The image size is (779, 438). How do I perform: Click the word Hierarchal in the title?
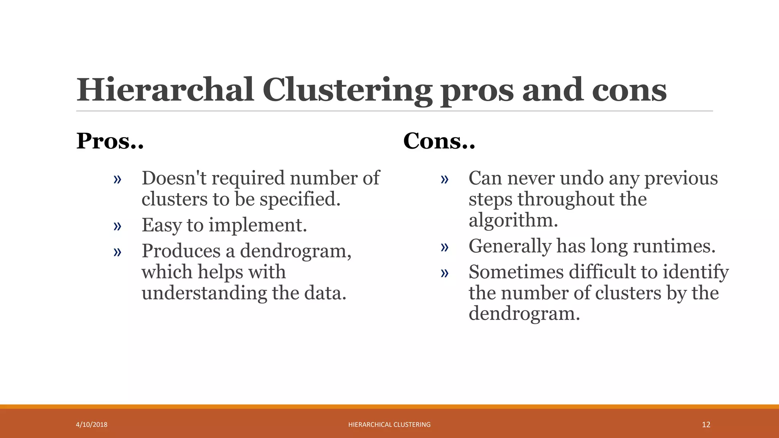coord(165,90)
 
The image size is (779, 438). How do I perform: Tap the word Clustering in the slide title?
coord(347,90)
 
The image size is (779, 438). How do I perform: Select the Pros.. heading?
coord(110,141)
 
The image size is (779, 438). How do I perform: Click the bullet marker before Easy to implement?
coord(117,226)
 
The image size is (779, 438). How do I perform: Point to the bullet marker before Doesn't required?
coord(117,179)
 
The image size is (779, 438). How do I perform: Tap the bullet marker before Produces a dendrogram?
coord(117,252)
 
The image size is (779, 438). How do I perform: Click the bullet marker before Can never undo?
coord(444,179)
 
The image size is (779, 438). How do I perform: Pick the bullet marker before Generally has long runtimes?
coord(444,248)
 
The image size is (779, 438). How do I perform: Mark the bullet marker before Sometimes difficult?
coord(444,273)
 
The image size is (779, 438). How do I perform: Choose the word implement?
coord(258,225)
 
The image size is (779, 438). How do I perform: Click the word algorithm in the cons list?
coord(513,221)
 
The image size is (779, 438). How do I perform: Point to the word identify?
coord(696,272)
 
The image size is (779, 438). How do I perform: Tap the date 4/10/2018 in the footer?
coord(92,425)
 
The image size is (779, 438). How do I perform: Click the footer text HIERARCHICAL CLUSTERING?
coord(389,425)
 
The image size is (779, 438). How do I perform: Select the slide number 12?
coord(706,425)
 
